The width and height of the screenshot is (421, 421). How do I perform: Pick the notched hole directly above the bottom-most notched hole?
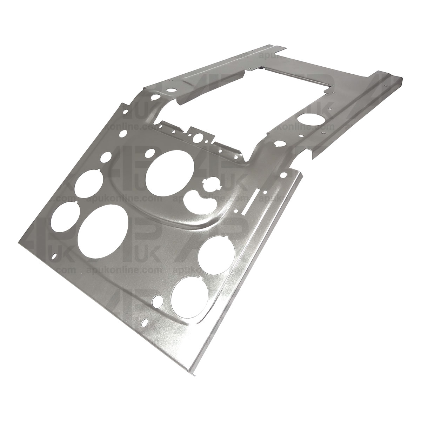click(x=216, y=253)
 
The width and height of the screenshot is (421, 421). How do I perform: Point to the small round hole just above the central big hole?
click(x=149, y=153)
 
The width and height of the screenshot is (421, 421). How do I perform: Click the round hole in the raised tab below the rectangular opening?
click(x=200, y=137)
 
